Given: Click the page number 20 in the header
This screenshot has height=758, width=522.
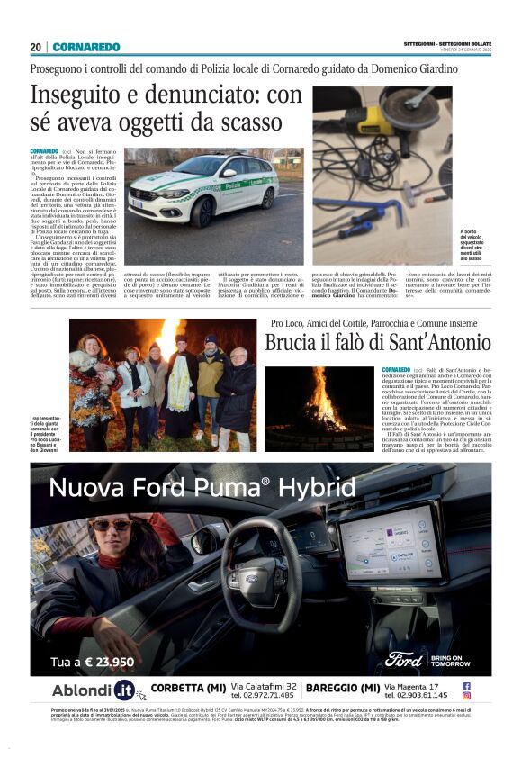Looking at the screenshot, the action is pyautogui.click(x=35, y=47).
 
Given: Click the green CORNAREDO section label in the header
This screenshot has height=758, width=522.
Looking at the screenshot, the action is pyautogui.click(x=85, y=47).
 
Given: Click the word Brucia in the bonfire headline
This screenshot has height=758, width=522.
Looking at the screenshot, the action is pyautogui.click(x=292, y=343).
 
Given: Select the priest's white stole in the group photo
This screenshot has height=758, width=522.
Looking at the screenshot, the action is pyautogui.click(x=181, y=384).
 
